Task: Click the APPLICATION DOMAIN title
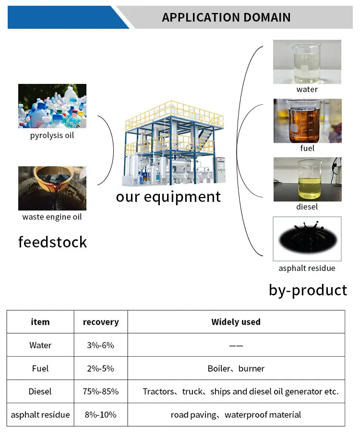pyautogui.click(x=226, y=18)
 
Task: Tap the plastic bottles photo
pyautogui.click(x=52, y=106)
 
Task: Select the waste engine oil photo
pyautogui.click(x=52, y=188)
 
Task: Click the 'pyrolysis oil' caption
pyautogui.click(x=52, y=135)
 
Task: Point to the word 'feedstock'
pyautogui.click(x=53, y=242)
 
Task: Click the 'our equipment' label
pyautogui.click(x=168, y=197)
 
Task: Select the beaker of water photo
pyautogui.click(x=307, y=62)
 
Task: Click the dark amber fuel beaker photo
pyautogui.click(x=307, y=121)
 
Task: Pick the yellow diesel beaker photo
pyautogui.click(x=307, y=179)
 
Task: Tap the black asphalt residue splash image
pyautogui.click(x=307, y=239)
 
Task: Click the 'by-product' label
pyautogui.click(x=308, y=290)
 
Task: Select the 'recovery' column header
pyautogui.click(x=101, y=322)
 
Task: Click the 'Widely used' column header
pyautogui.click(x=236, y=322)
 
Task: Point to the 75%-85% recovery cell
pyautogui.click(x=101, y=391)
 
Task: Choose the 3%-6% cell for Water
pyautogui.click(x=101, y=345)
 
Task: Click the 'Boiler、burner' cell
pyautogui.click(x=236, y=368)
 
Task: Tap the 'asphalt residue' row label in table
pyautogui.click(x=40, y=414)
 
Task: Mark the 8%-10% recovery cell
pyautogui.click(x=101, y=414)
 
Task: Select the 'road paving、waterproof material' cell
pyautogui.click(x=236, y=414)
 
